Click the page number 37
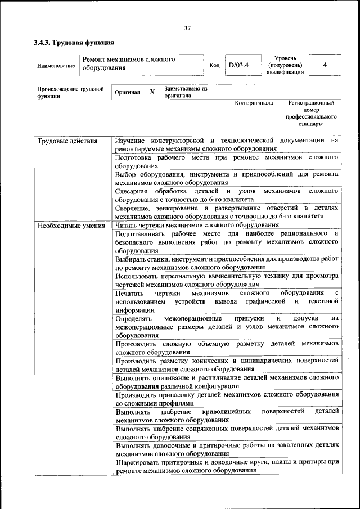[187, 29]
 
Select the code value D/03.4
[238, 65]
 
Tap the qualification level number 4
[325, 65]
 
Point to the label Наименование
[56, 66]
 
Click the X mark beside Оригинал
[152, 92]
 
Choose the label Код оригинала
[254, 103]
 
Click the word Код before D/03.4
[214, 65]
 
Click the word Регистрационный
[311, 103]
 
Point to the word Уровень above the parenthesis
[286, 58]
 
